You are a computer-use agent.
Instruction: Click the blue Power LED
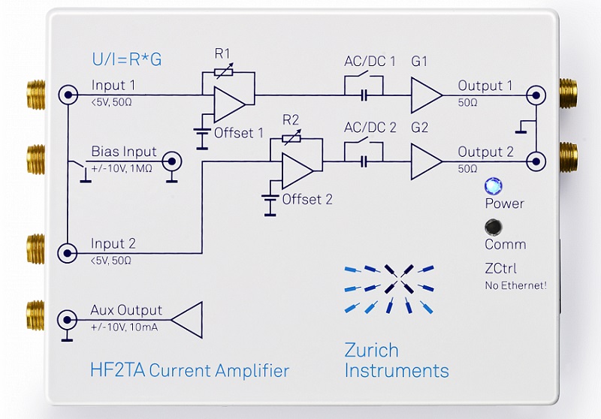point(493,186)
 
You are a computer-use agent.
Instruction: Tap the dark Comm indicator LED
point(493,226)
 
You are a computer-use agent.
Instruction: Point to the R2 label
point(291,120)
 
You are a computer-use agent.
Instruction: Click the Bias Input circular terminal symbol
point(172,160)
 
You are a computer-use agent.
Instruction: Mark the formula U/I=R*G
point(126,59)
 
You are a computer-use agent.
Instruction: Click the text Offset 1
point(239,134)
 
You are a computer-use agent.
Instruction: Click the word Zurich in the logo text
point(371,350)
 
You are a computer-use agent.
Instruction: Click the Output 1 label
point(485,86)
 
